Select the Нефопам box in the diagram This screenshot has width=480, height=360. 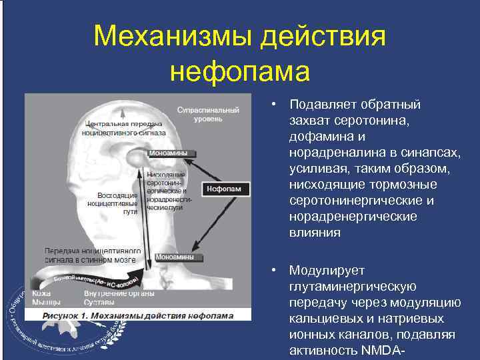tap(227, 189)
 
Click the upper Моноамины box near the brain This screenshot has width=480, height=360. tap(170, 153)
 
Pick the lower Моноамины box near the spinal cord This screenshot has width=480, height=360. tap(175, 257)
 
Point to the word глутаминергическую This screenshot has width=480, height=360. tap(353, 287)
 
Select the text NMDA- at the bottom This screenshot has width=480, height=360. tap(382, 351)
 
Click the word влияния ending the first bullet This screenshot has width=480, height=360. tap(315, 233)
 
